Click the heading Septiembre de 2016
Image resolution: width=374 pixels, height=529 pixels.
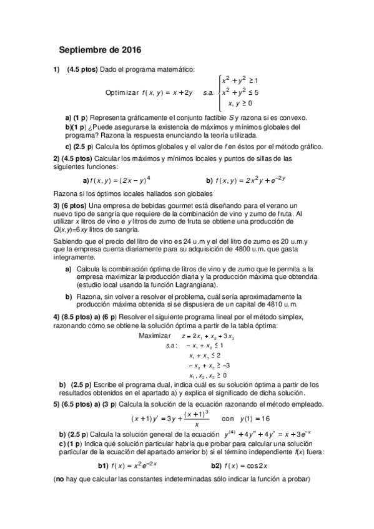click(x=100, y=49)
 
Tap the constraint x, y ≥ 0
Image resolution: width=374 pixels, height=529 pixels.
click(x=240, y=103)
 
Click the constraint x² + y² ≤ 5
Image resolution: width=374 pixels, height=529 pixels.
click(x=241, y=92)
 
